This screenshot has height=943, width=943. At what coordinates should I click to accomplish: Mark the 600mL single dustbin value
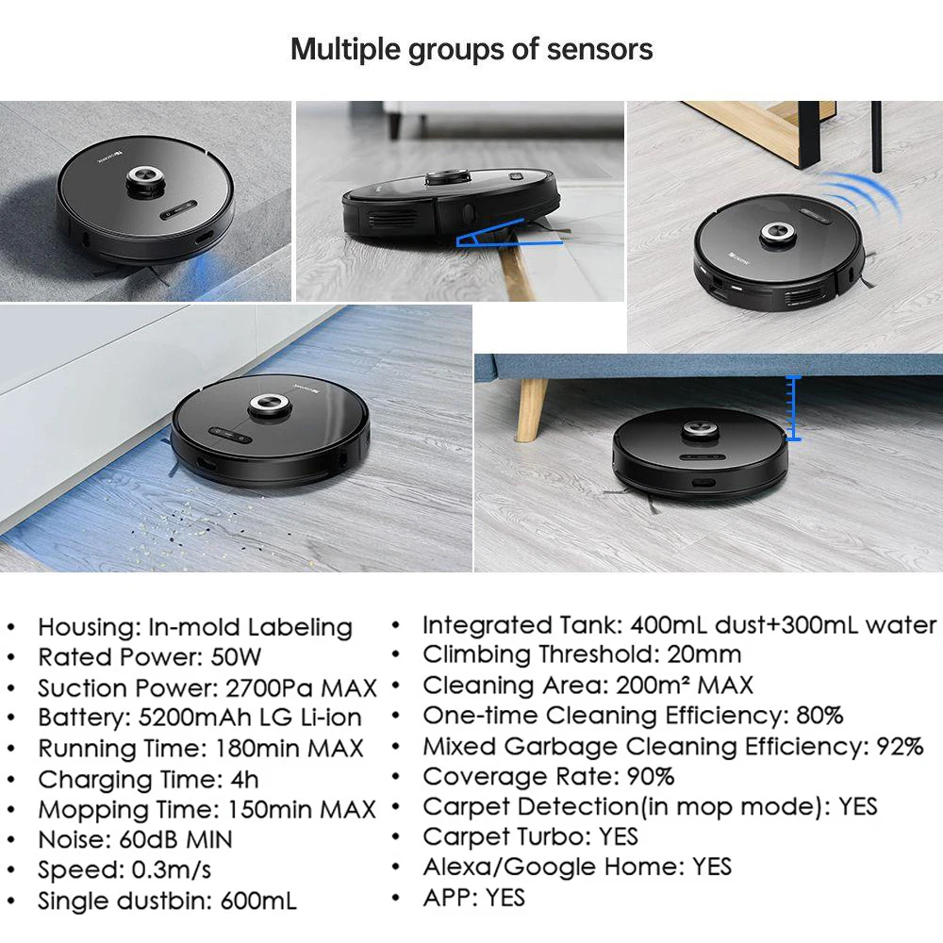click(258, 901)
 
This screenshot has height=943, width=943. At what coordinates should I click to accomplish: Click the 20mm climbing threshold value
click(703, 654)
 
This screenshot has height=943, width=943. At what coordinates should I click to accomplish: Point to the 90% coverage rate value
click(651, 777)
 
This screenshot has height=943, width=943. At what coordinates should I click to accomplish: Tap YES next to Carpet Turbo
click(619, 836)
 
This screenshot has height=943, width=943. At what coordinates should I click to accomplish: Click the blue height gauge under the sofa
click(793, 408)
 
